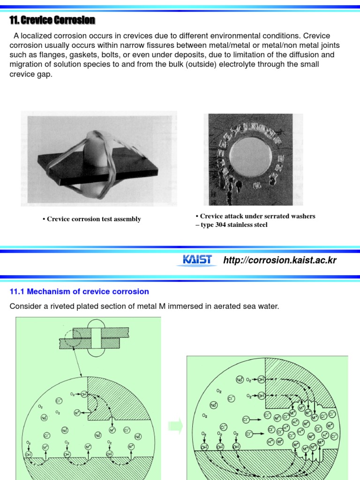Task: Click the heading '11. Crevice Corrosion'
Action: [52, 20]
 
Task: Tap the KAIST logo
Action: [196, 260]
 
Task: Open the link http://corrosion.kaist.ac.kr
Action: [280, 260]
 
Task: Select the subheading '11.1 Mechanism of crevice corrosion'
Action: [79, 292]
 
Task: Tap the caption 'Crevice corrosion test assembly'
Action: [94, 219]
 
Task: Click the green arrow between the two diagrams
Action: [175, 426]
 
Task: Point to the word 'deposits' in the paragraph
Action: [203, 55]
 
